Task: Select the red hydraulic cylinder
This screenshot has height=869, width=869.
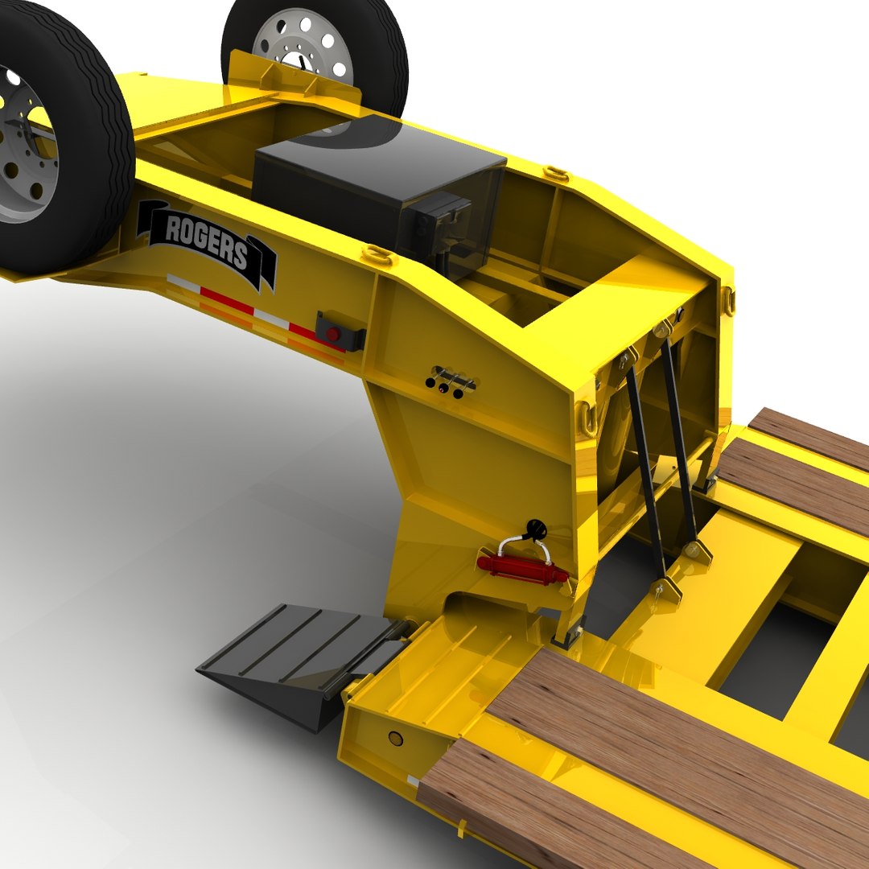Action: tap(521, 568)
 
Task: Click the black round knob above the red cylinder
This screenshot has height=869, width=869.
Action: tap(533, 528)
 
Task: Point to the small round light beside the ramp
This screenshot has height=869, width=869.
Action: tap(395, 738)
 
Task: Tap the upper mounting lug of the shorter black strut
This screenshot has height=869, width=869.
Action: tap(664, 328)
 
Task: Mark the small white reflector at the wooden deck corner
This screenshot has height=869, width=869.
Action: tap(412, 780)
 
